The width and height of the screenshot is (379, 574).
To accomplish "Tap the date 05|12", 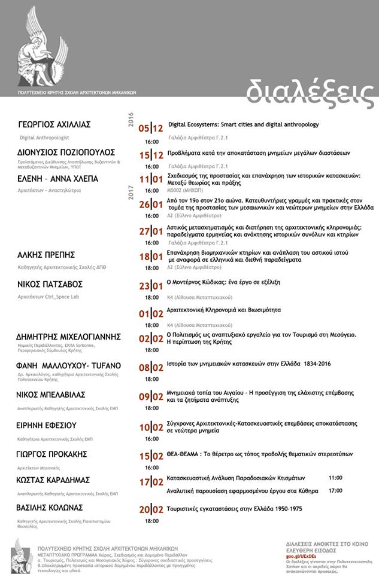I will (151, 128).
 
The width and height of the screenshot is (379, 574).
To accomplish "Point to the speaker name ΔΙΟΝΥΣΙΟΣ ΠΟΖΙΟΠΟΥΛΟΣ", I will (66, 152).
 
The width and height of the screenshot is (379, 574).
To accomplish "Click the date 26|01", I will (151, 205).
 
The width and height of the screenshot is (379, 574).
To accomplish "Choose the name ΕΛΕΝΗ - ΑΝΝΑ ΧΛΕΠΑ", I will (58, 179).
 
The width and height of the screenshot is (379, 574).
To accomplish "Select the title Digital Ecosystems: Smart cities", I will (243, 125).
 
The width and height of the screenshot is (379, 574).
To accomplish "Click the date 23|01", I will (151, 286).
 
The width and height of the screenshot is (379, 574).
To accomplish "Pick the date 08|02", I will (151, 368).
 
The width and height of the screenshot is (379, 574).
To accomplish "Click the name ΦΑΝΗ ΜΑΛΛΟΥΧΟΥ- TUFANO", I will (69, 365).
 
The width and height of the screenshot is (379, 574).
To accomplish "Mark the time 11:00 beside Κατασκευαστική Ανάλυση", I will (335, 478).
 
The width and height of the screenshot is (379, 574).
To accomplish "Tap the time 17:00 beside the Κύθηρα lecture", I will (335, 490).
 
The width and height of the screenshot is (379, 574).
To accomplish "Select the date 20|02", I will (151, 510).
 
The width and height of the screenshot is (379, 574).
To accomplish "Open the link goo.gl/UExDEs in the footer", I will (302, 555).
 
